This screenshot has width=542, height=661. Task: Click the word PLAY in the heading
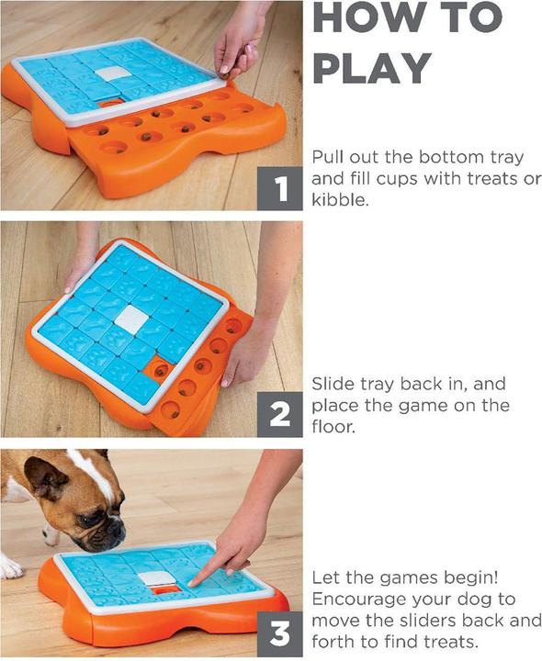point(378,69)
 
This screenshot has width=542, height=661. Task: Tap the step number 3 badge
point(279,633)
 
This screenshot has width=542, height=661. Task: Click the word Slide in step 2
point(332,383)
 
